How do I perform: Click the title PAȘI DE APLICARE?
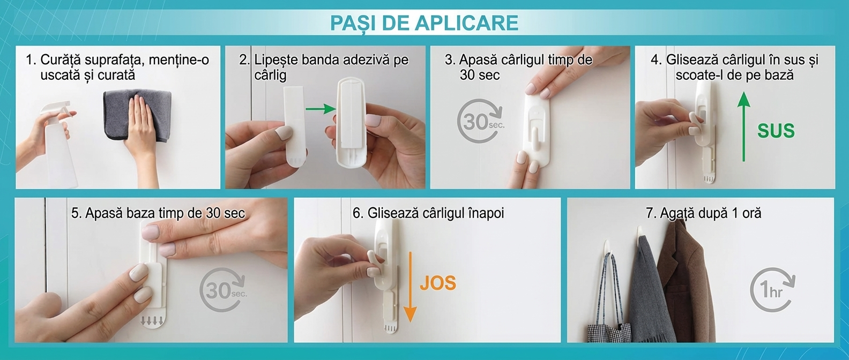pos(424,22)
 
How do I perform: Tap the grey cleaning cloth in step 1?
pos(137,114)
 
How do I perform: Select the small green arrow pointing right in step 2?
pos(321,109)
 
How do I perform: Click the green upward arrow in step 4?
pos(743,126)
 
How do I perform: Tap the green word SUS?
pos(776,131)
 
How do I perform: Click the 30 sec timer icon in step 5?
pos(223,290)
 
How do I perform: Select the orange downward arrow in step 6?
pos(410,287)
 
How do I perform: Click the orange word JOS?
pos(438,283)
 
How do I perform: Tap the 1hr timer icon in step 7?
pos(772,290)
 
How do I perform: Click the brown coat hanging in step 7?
pos(682,280)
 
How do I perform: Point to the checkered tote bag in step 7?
pos(609,326)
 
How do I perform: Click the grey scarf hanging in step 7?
pos(648,292)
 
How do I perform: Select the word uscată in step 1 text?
pos(60,75)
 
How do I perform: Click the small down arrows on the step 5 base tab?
pos(152,321)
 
